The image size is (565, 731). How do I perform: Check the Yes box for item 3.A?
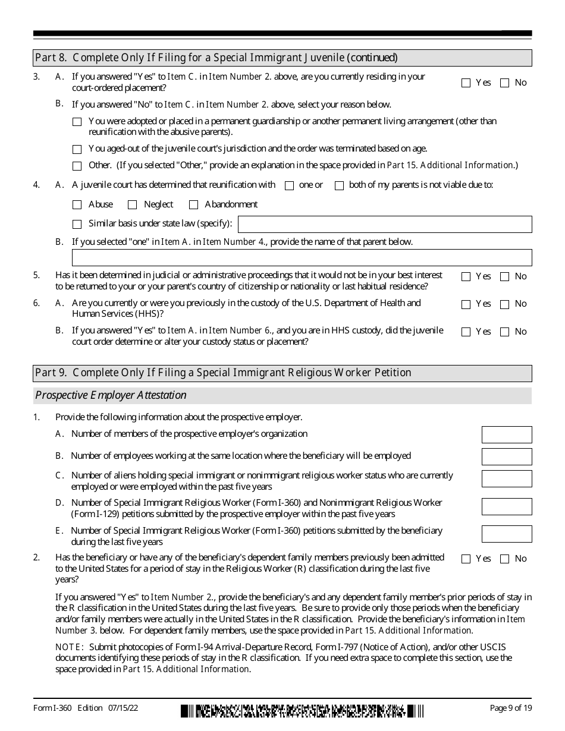click(466, 83)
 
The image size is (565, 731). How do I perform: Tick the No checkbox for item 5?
click(504, 276)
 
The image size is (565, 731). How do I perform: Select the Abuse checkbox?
click(77, 205)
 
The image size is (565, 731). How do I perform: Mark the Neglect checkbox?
click(132, 205)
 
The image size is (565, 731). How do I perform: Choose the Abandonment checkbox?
click(193, 205)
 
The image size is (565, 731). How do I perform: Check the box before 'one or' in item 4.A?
click(290, 185)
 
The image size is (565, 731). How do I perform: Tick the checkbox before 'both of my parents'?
click(339, 185)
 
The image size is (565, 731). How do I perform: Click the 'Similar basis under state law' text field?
click(384, 224)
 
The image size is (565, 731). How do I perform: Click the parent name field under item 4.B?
click(302, 257)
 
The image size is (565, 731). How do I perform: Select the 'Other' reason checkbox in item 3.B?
click(77, 166)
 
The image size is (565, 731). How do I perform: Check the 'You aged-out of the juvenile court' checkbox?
click(77, 150)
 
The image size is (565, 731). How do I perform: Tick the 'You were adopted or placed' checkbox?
click(77, 122)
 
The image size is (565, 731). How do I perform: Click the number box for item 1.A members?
click(506, 434)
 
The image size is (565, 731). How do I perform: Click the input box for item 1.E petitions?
click(506, 534)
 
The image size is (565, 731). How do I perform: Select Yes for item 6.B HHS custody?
click(466, 332)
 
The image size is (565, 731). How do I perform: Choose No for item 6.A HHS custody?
click(504, 304)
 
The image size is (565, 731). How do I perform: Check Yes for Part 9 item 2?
click(466, 559)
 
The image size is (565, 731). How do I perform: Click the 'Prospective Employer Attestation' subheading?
click(111, 395)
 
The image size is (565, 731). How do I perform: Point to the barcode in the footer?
click(303, 710)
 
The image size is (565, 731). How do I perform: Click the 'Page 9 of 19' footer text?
click(510, 708)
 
